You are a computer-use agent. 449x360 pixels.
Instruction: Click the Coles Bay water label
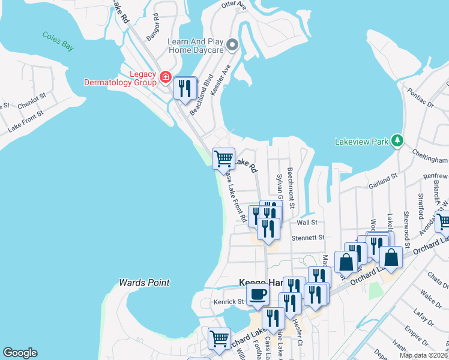click(58, 41)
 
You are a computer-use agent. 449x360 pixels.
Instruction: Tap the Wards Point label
click(144, 282)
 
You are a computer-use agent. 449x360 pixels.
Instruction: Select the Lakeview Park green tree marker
click(396, 140)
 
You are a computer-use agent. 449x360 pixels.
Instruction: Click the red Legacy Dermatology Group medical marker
click(165, 77)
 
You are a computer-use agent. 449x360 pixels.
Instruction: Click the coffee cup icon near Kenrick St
click(258, 294)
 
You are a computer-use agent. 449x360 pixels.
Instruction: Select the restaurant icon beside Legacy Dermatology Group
click(185, 88)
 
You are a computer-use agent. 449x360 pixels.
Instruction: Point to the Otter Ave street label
click(234, 5)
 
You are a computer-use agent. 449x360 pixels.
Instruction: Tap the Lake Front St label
click(26, 121)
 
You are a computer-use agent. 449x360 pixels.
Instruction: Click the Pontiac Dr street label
click(420, 100)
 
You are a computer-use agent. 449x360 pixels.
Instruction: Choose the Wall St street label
click(307, 222)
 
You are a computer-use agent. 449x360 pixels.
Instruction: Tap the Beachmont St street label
click(291, 188)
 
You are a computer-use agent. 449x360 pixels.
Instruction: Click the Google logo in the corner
click(20, 353)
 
